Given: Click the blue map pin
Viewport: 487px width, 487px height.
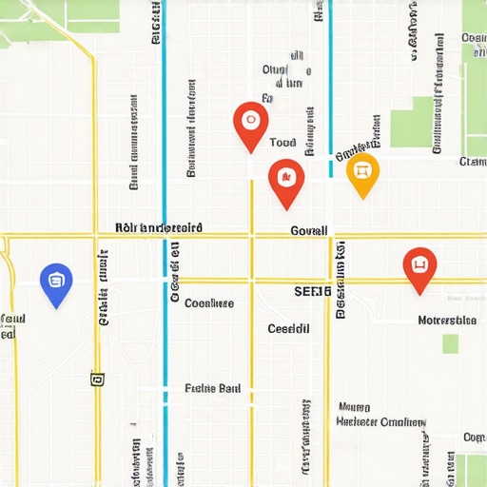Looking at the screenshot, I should click(57, 282).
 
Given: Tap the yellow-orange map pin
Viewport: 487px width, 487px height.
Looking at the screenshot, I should click(361, 172).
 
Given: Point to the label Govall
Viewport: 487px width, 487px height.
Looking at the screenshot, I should click(308, 230).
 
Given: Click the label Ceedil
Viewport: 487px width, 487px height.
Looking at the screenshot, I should click(289, 328).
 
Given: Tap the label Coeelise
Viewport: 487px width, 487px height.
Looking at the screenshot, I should click(209, 303).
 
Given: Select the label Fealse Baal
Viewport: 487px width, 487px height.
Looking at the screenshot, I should click(212, 388).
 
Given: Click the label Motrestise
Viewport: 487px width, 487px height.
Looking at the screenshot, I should click(447, 321).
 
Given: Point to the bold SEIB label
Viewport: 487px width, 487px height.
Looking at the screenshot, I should click(312, 291).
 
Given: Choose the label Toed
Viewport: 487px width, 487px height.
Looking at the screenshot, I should click(283, 143).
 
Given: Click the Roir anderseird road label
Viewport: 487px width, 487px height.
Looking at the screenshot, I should click(158, 227).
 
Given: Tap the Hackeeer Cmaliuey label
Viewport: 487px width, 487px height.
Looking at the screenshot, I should click(380, 420).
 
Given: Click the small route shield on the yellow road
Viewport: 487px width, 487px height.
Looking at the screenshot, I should click(96, 380).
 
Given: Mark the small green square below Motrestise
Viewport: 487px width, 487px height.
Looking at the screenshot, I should click(450, 343).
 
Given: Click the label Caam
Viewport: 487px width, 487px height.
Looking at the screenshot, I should click(472, 162).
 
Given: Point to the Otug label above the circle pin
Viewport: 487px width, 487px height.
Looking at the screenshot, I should click(274, 70).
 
